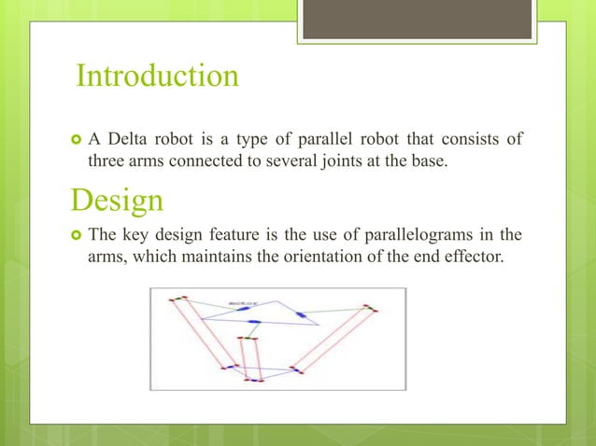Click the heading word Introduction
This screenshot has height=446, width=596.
tap(157, 76)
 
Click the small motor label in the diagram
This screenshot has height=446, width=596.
tap(244, 302)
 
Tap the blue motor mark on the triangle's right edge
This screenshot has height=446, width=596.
tap(302, 315)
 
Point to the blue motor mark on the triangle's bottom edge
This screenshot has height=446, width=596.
tap(253, 323)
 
